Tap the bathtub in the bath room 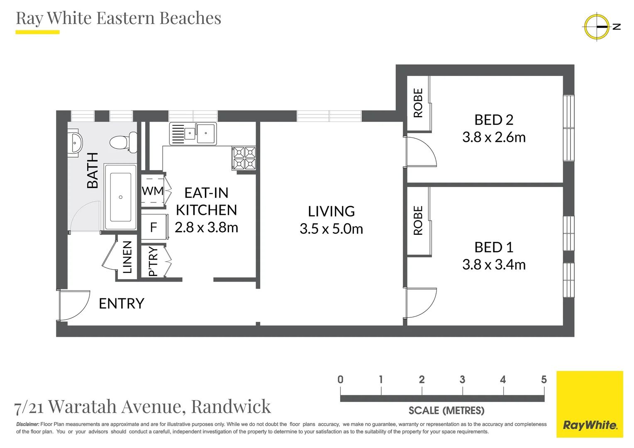(120, 197)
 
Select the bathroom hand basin (75, 143)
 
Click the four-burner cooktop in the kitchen (244, 158)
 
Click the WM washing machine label (152, 191)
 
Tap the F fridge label (154, 227)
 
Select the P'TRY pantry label (153, 261)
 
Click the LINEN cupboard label (127, 257)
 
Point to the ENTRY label (122, 304)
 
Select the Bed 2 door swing (420, 152)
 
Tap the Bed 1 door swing (420, 303)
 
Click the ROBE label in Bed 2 (418, 103)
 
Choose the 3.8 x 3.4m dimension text (494, 265)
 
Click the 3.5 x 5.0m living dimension (331, 229)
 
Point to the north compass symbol (597, 27)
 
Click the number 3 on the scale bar (462, 380)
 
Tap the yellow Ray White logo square (590, 404)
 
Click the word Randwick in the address (231, 407)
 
